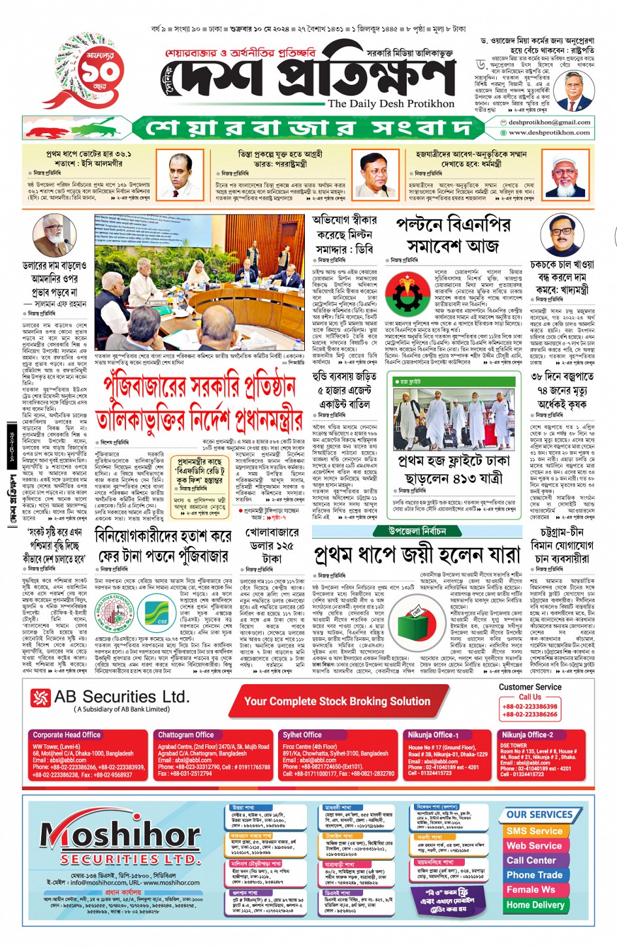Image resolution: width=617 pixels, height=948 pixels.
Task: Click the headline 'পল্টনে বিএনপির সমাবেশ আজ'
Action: pos(453,235)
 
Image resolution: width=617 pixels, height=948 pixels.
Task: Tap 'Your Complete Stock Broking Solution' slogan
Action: pos(337,701)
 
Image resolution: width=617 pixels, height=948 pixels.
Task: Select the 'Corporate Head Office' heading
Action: pos(67,735)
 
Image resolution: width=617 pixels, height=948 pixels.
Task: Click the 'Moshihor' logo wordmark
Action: pos(121,835)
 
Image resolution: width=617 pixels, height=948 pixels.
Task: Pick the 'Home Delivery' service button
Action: pos(535,905)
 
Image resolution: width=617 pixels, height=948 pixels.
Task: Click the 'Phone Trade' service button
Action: pos(534,875)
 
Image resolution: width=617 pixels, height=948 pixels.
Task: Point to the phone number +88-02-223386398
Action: pos(530,706)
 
